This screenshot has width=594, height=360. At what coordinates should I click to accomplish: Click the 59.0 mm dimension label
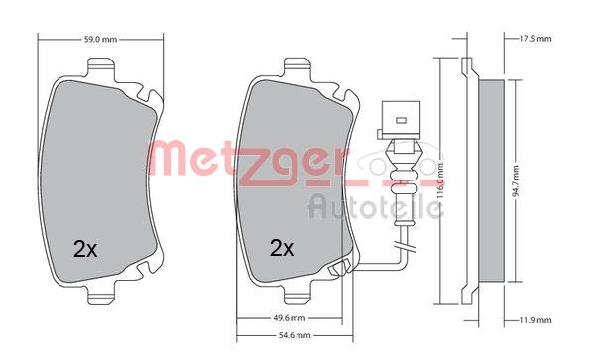(100, 39)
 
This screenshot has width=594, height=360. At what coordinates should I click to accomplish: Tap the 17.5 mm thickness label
(535, 39)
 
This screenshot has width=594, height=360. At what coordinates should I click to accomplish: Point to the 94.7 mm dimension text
(516, 180)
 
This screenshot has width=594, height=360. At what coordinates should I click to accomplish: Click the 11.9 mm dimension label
(535, 320)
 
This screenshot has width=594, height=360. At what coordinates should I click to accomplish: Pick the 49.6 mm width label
(290, 318)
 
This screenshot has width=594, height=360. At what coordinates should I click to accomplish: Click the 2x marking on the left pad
(85, 249)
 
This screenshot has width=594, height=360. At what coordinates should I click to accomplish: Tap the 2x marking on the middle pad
(282, 248)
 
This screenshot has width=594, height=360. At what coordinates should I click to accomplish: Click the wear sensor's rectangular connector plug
(401, 120)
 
